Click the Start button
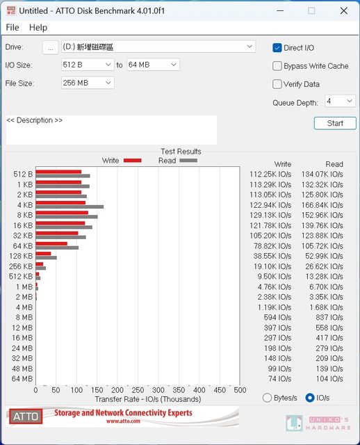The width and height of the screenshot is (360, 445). (335, 123)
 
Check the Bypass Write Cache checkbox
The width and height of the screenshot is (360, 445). (277, 66)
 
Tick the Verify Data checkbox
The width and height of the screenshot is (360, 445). (277, 84)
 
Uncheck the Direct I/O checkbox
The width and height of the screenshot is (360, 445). (277, 48)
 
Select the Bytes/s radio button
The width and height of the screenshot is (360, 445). (267, 398)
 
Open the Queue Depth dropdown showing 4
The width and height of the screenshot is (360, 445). (340, 101)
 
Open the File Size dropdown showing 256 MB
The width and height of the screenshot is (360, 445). (88, 83)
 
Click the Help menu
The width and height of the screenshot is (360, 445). (38, 28)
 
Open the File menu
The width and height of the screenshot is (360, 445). (13, 28)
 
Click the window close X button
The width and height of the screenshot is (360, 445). (344, 11)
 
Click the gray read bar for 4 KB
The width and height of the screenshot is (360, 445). (69, 207)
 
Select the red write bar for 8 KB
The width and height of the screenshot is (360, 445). (62, 213)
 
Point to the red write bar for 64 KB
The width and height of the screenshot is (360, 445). (51, 243)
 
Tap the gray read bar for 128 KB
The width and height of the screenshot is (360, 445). (47, 258)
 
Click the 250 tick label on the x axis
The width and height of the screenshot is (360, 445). (138, 390)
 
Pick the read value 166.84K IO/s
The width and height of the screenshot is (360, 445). (322, 205)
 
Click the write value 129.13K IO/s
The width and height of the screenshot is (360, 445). (270, 215)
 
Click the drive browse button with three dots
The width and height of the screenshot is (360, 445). (50, 48)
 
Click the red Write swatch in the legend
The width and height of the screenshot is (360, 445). (133, 161)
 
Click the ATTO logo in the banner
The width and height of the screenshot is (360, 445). (26, 416)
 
